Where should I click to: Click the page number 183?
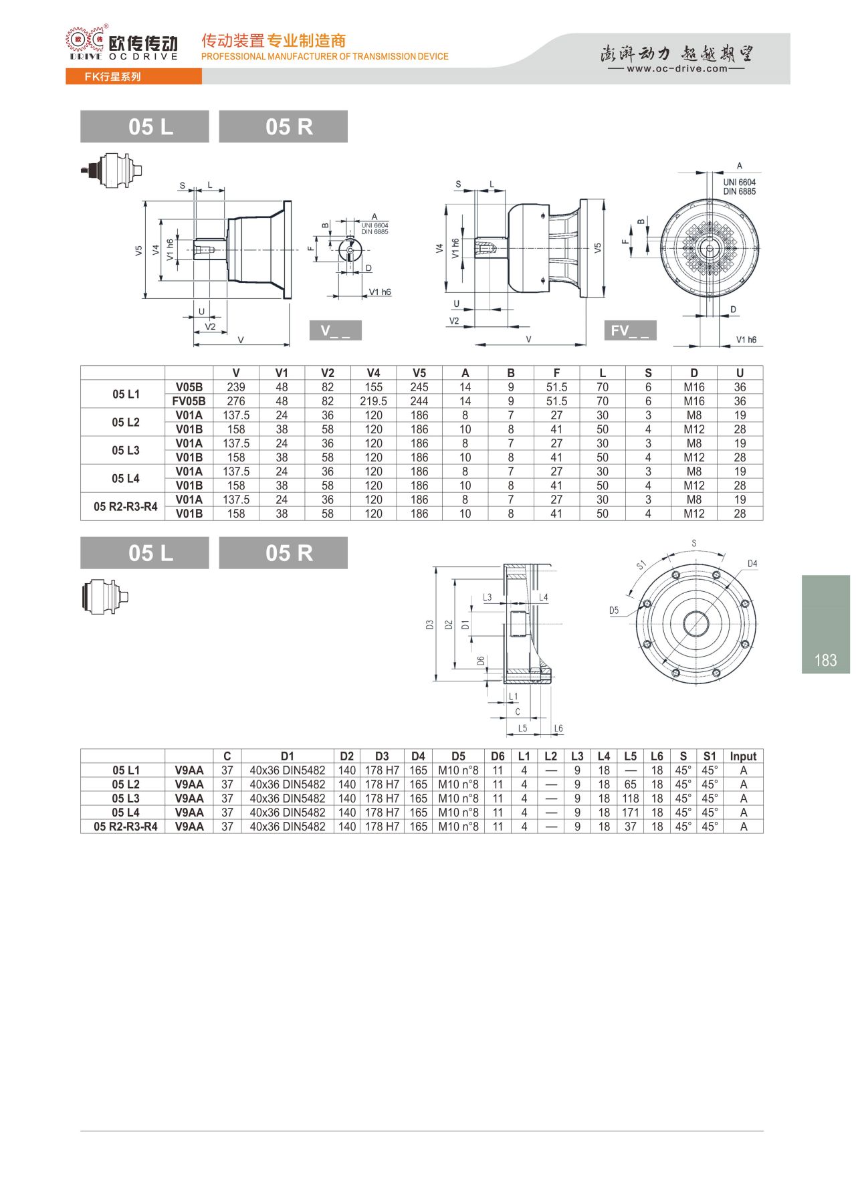coord(825,661)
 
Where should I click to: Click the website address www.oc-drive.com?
coord(676,68)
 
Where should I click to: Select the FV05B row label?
coord(189,401)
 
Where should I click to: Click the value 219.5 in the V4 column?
coord(373,401)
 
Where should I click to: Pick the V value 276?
coord(236,401)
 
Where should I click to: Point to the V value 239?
coord(236,387)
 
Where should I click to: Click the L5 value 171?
coord(630,812)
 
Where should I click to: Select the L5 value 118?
coord(630,798)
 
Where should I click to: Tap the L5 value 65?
coord(630,784)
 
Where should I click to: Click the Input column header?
coord(743,756)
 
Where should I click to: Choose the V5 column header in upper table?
coord(419,373)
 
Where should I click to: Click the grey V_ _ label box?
coord(336,330)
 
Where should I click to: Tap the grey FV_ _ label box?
coord(630,330)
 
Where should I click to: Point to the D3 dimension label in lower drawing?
coord(429,625)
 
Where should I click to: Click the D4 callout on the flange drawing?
coord(752,564)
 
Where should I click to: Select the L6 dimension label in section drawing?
coord(558,728)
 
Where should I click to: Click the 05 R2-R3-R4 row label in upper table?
coord(126,507)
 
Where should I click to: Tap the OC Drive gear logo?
coord(85,41)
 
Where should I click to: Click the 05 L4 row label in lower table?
coord(126,812)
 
